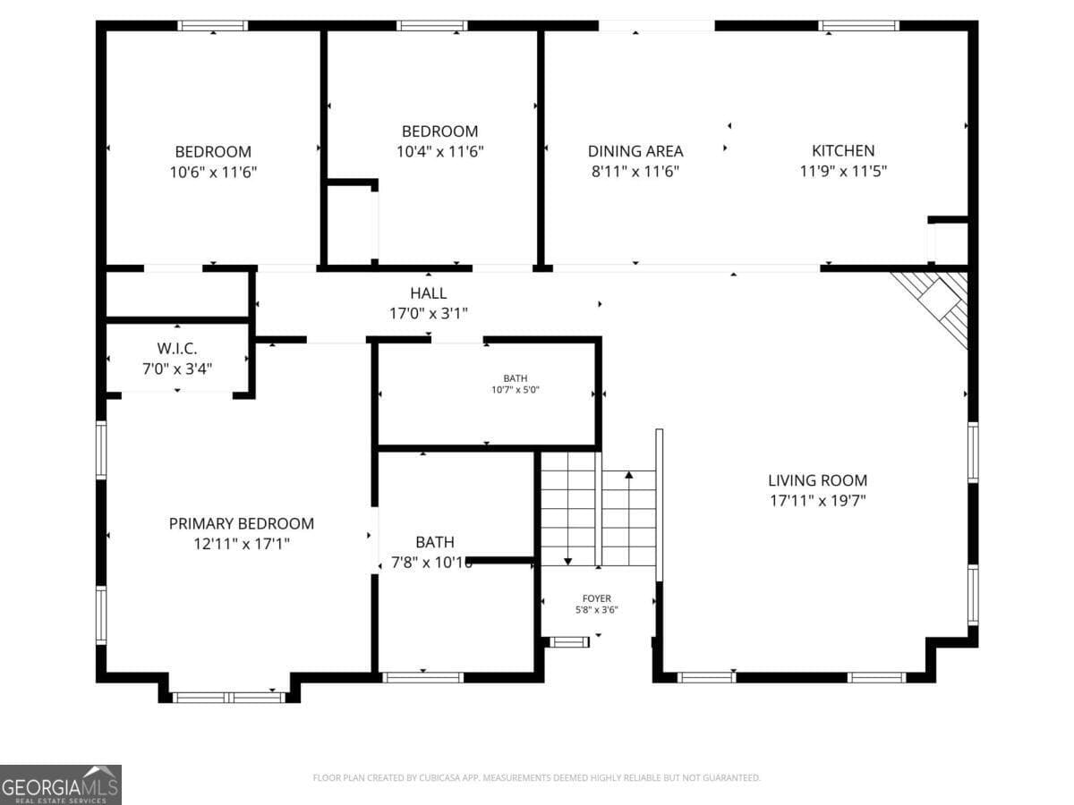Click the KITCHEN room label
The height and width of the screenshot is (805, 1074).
click(x=842, y=150)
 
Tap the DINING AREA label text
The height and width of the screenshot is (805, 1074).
click(x=635, y=151)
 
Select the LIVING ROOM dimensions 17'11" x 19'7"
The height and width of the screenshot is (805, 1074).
click(x=817, y=501)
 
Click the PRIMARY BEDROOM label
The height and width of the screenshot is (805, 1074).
click(x=241, y=523)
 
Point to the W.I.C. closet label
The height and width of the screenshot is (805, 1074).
click(x=176, y=348)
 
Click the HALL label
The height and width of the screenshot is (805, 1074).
click(x=428, y=293)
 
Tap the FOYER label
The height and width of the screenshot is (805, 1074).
click(x=596, y=598)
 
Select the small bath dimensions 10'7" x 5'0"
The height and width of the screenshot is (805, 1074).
click(x=515, y=390)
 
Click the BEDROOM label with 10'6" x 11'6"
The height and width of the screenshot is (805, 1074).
click(x=212, y=152)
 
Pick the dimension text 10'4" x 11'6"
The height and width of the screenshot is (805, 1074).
click(x=439, y=151)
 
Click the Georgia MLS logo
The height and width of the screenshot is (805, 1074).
click(x=60, y=784)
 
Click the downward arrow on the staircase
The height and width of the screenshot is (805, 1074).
click(x=568, y=559)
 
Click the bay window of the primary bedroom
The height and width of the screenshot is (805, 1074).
click(x=228, y=696)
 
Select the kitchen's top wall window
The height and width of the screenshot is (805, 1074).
click(x=858, y=26)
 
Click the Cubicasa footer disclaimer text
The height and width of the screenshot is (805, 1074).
click(x=536, y=778)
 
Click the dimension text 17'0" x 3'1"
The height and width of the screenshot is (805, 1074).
click(x=428, y=313)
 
